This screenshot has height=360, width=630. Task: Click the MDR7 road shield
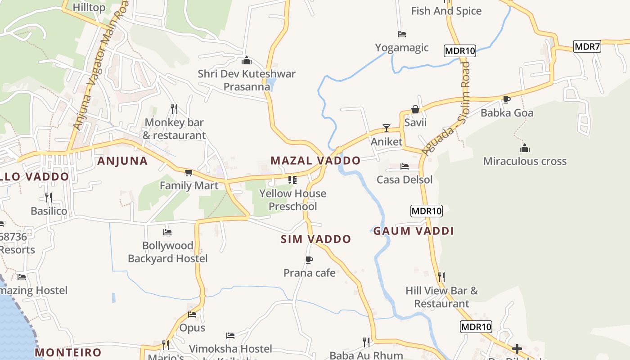(587, 46)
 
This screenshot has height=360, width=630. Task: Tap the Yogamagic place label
(402, 48)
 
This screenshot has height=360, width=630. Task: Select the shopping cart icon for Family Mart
(189, 172)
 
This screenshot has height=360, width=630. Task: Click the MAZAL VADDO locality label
(315, 161)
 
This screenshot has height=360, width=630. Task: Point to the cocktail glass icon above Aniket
(386, 128)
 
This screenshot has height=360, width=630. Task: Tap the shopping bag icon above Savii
(415, 109)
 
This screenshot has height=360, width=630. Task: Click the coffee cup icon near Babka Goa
(507, 99)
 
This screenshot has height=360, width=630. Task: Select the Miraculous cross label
(525, 161)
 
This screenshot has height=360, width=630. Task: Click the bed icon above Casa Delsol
(404, 166)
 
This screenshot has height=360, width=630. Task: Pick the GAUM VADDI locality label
(414, 231)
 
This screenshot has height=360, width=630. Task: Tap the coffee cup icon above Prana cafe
(309, 260)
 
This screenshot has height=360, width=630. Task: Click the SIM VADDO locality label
(315, 239)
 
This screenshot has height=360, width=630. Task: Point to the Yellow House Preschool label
(292, 200)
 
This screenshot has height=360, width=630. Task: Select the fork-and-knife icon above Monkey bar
(174, 108)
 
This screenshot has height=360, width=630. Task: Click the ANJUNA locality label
(122, 161)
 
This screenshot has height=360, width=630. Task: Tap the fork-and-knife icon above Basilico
(49, 197)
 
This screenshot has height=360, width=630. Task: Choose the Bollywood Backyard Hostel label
(168, 252)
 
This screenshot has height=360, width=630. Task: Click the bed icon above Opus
(192, 314)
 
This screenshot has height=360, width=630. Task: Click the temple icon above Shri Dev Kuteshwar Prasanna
(247, 60)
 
